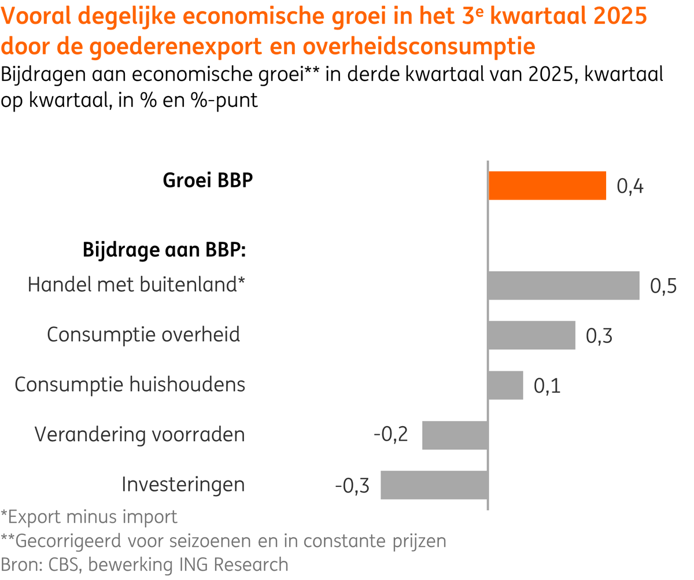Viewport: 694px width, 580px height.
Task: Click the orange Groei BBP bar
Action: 547,186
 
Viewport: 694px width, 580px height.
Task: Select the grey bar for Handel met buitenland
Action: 563,286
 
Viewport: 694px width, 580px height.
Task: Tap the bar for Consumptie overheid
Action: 531,335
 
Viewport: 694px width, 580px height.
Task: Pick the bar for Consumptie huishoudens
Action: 505,386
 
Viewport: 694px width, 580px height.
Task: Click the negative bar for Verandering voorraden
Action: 455,435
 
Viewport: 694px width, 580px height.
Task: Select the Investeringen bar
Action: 434,485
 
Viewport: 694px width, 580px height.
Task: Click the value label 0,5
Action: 663,286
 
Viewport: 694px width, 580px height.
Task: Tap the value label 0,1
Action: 547,386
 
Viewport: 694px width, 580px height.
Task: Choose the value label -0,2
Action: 391,434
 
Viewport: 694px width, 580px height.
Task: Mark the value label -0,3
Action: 352,485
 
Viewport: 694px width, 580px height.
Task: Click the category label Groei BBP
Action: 208,180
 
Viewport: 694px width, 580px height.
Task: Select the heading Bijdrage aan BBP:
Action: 164,251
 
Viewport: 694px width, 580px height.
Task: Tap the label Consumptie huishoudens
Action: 130,385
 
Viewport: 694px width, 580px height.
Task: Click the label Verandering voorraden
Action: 139,434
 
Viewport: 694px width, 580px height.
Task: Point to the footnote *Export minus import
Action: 90,516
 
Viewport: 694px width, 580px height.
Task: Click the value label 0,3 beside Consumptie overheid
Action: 599,336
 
